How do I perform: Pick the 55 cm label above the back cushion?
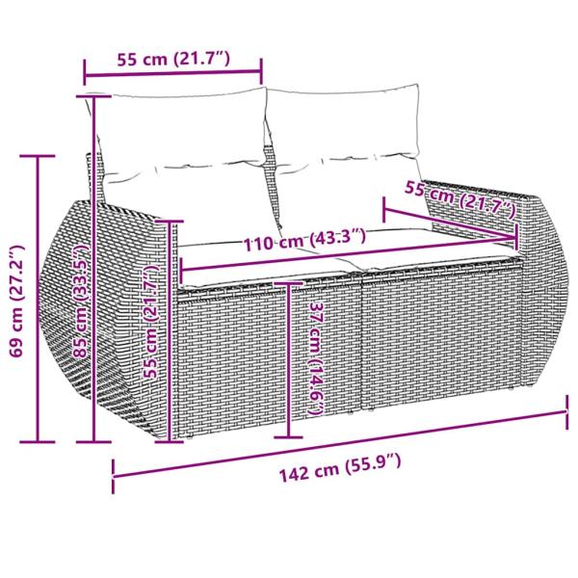pos(172,59)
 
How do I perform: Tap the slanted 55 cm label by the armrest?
pos(460,198)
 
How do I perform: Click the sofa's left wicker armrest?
pos(111,318)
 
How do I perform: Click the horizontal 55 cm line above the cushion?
pos(172,72)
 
